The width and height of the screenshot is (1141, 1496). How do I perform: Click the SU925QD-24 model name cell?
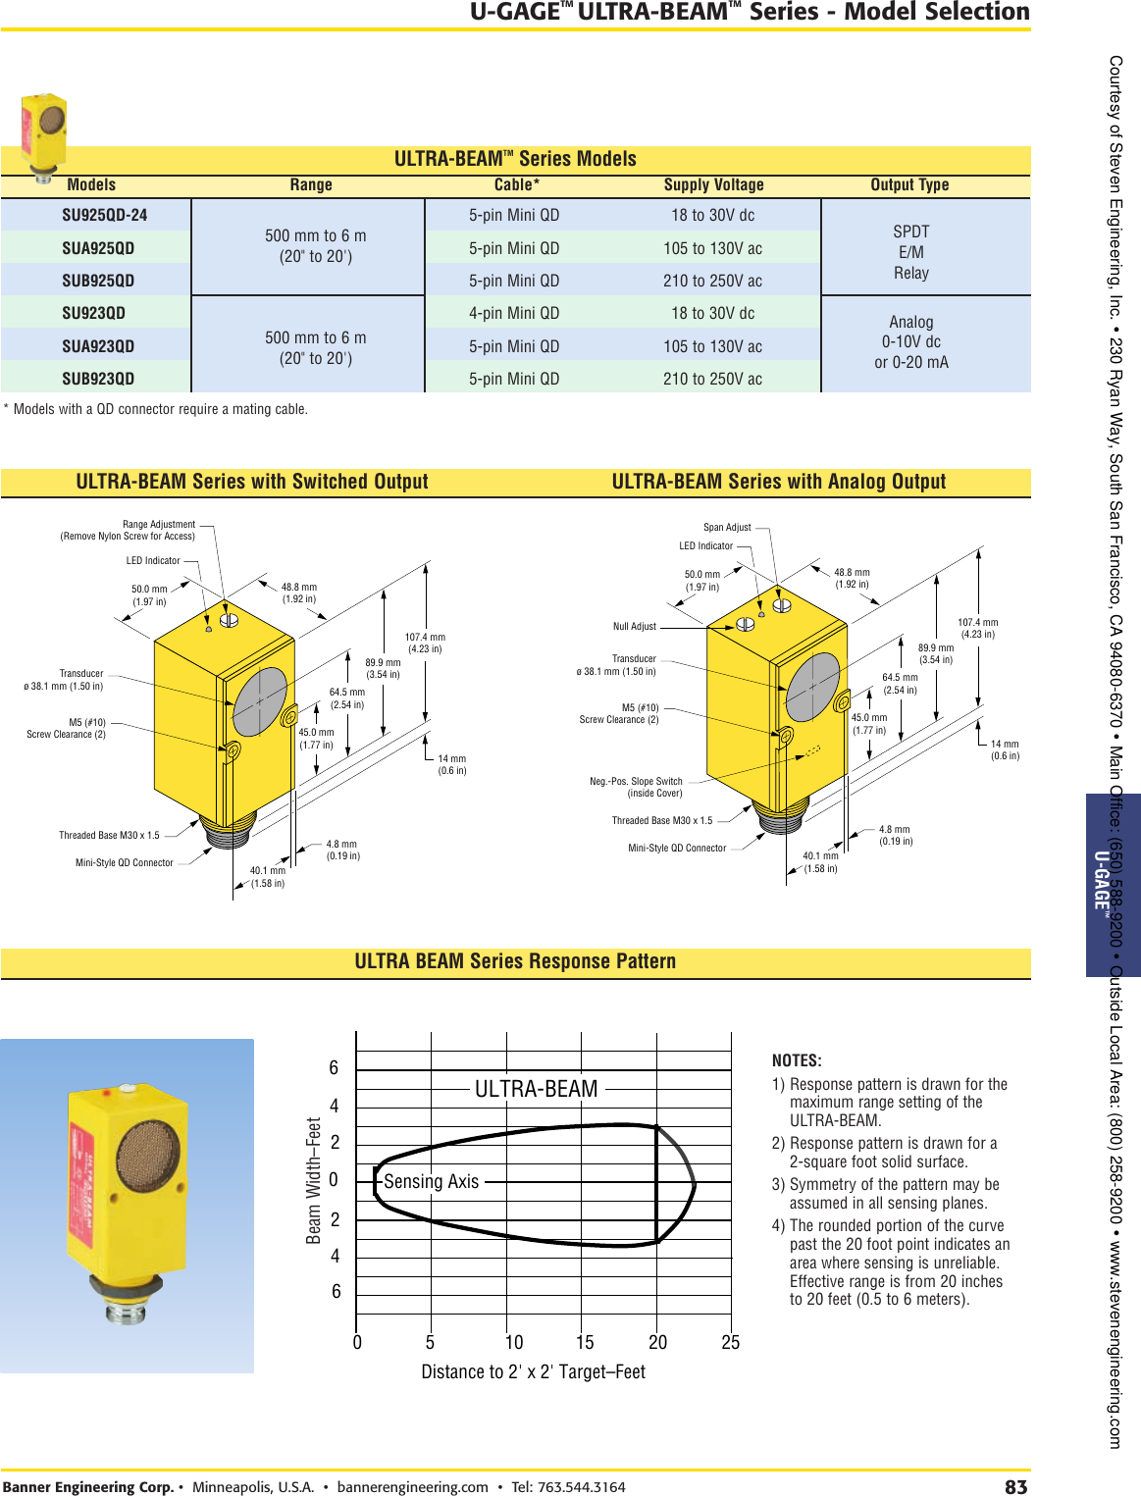tap(104, 215)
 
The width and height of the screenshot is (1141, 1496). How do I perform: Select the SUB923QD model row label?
tap(98, 379)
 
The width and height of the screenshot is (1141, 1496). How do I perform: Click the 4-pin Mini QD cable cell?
tap(514, 313)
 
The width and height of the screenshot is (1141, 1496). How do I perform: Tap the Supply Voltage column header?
tap(713, 184)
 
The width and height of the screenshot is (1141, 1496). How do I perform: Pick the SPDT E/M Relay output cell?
tap(910, 252)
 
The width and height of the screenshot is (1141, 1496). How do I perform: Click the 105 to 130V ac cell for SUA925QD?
tap(712, 248)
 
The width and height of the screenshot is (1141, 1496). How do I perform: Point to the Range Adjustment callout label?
tap(158, 525)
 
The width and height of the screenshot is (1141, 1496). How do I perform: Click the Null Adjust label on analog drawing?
tap(634, 626)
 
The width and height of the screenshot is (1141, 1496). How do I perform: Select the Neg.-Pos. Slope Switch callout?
tap(636, 787)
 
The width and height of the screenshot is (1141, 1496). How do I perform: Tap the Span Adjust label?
tap(727, 527)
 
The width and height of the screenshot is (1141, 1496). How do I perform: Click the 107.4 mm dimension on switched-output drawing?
tap(425, 643)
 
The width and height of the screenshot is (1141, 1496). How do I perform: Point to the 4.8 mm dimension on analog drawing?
tap(895, 835)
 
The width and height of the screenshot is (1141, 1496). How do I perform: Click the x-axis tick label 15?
tap(585, 1342)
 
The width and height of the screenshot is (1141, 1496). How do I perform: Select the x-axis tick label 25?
tap(730, 1342)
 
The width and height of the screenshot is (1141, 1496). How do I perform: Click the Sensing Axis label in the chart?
tap(431, 1182)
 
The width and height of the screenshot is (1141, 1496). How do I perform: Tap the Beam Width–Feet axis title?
tap(314, 1180)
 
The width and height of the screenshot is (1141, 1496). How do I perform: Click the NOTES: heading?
tap(797, 1060)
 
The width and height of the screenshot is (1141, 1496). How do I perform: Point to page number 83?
tap(1015, 1486)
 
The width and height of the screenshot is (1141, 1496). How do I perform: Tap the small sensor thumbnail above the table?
tap(44, 132)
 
